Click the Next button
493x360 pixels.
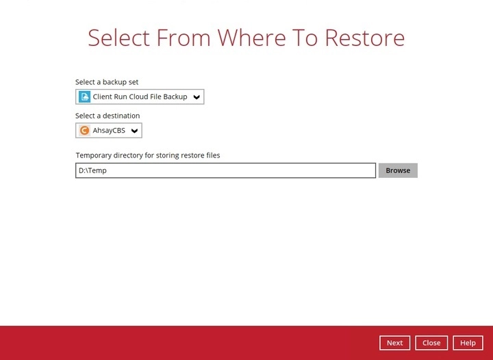pyautogui.click(x=394, y=343)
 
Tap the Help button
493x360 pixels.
pyautogui.click(x=468, y=343)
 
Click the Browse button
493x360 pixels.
pyautogui.click(x=398, y=170)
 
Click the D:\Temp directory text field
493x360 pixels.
pyautogui.click(x=225, y=170)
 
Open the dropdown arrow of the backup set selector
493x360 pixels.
pyautogui.click(x=197, y=97)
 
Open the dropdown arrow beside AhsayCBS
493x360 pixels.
pyautogui.click(x=134, y=131)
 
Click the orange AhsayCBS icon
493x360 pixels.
pyautogui.click(x=84, y=131)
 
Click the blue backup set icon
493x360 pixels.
pyautogui.click(x=84, y=97)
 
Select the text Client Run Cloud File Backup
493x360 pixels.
pyautogui.click(x=140, y=97)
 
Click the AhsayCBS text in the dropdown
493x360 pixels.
pyautogui.click(x=108, y=131)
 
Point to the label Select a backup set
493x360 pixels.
pyautogui.click(x=107, y=82)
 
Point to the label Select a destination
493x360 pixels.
pyautogui.click(x=108, y=116)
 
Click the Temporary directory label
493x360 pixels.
pyautogui.click(x=148, y=155)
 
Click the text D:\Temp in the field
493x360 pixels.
pyautogui.click(x=92, y=170)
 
